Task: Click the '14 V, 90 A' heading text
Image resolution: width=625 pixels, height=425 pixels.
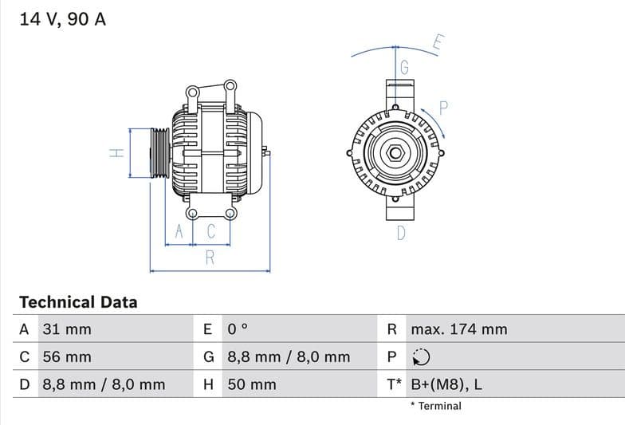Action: point(62,19)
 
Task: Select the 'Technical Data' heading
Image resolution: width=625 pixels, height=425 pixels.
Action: point(78,302)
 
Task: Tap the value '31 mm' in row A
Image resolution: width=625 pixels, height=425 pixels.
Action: point(66,329)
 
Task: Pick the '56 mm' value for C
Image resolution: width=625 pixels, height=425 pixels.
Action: point(66,357)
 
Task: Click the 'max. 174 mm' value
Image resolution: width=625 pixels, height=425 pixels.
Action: point(458,329)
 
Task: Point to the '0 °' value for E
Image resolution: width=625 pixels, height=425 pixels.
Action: point(238,329)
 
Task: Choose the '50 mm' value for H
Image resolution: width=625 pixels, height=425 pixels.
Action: point(252,384)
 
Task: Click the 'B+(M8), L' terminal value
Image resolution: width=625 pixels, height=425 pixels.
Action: point(446,384)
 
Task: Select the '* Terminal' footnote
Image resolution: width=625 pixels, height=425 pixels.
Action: point(435,406)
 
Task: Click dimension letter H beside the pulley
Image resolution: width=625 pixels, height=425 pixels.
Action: point(116,153)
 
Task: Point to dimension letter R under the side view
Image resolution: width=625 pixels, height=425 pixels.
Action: point(210,258)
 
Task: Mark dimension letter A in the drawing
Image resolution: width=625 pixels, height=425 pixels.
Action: point(179,232)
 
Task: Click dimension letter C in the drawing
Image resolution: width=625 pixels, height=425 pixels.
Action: point(211,232)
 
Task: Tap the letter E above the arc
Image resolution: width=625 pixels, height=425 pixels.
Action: point(438,43)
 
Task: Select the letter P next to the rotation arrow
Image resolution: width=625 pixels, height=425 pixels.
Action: point(444,108)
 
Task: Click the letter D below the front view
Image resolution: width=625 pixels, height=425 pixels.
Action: point(401,234)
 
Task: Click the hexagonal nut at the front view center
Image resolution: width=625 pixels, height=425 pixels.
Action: point(395,152)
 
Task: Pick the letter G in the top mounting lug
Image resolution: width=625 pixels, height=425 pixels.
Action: point(404,68)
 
